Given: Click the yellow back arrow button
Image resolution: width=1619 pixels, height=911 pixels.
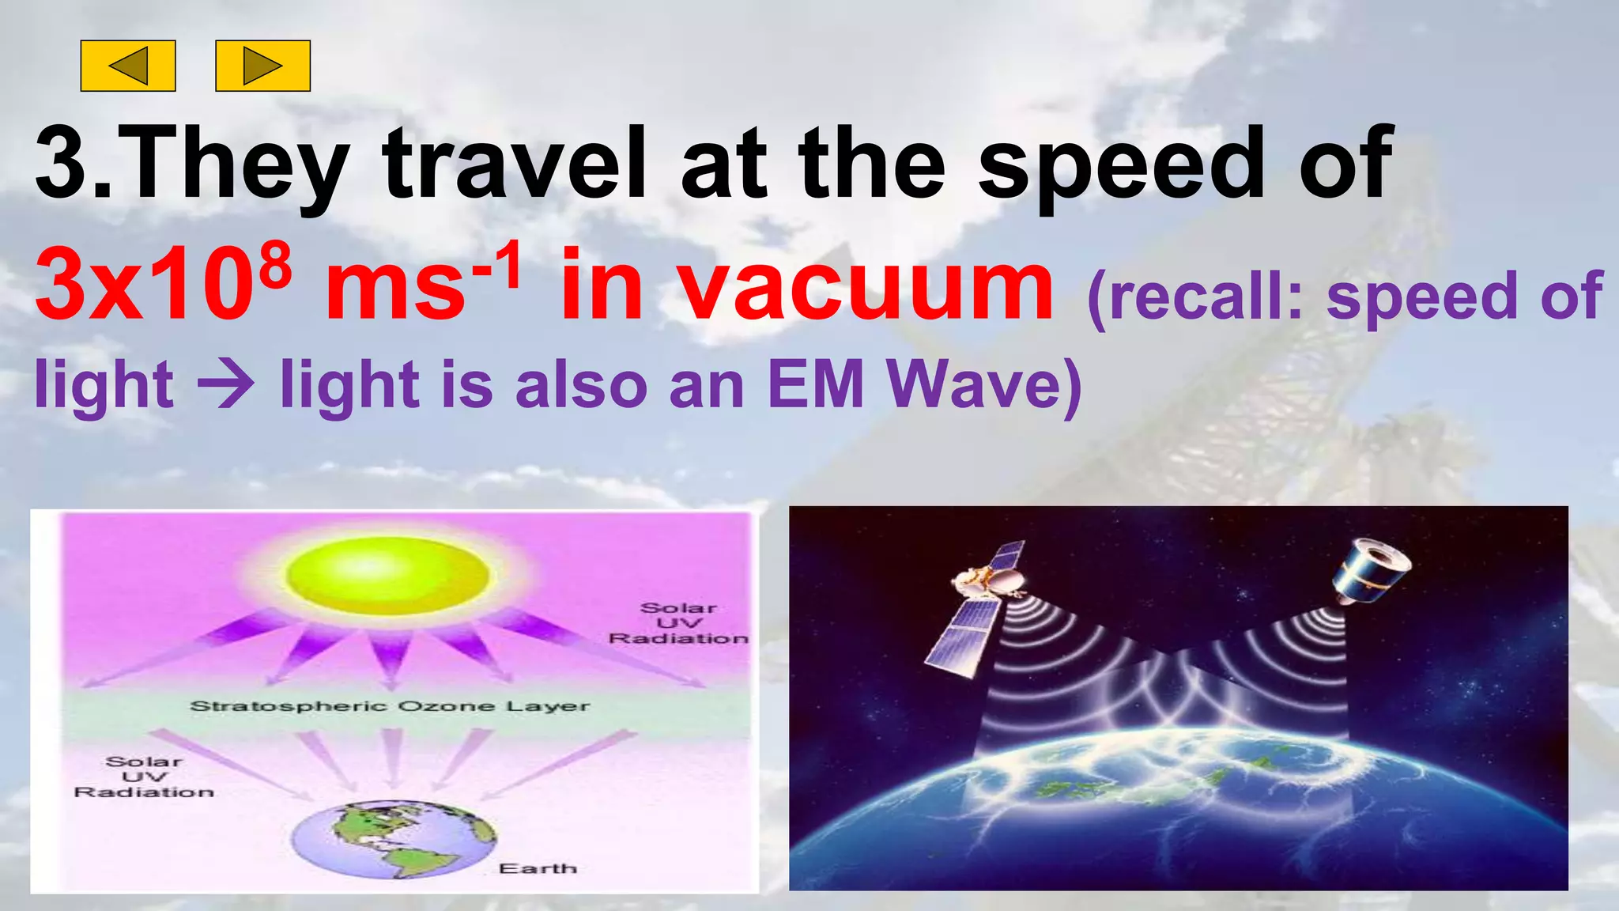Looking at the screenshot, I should tap(128, 66).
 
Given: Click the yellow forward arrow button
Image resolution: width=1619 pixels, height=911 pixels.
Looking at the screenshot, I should tap(262, 66).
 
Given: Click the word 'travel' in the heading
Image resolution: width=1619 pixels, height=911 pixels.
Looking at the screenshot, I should tap(515, 164).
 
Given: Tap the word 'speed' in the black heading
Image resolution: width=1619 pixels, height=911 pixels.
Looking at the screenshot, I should tap(1121, 164).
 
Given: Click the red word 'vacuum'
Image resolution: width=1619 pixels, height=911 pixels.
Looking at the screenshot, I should tap(866, 286).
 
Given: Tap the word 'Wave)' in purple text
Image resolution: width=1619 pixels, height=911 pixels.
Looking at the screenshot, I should tap(984, 385).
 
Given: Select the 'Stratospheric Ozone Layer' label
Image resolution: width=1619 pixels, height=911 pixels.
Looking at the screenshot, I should tap(390, 706).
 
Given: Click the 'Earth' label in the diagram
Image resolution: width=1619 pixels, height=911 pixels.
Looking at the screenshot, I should tap(538, 868).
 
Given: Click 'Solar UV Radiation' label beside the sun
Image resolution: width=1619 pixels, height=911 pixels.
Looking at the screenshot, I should tap(678, 623).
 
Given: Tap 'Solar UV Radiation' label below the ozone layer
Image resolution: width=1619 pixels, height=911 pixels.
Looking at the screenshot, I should tap(144, 777).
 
